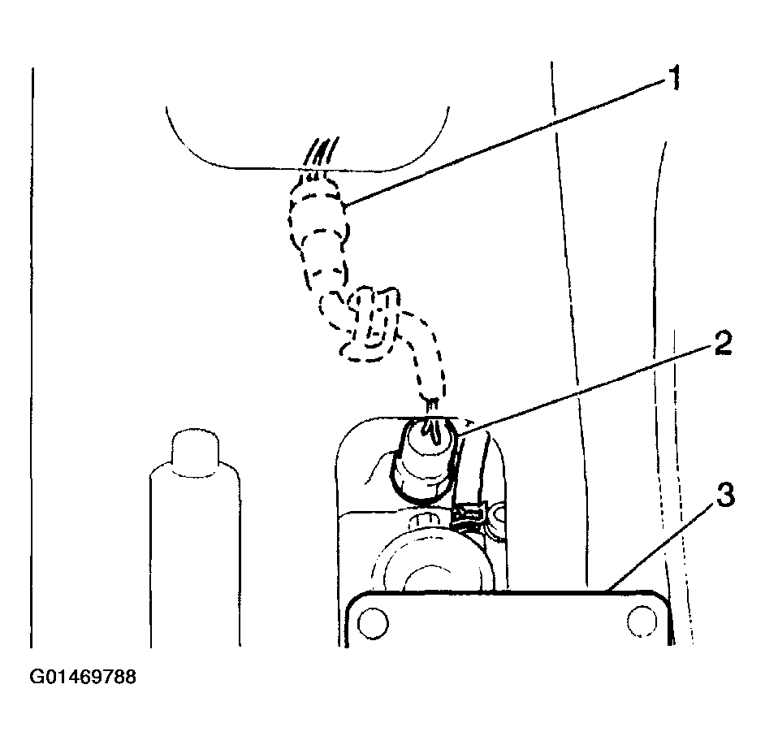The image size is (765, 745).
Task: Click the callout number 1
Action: tap(674, 79)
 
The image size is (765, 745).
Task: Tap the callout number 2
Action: tap(724, 342)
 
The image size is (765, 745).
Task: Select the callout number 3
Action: tap(725, 495)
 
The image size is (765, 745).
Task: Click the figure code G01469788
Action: tap(83, 677)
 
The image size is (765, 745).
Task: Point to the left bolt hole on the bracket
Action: tap(374, 622)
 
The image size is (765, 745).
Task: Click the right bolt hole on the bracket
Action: tap(642, 622)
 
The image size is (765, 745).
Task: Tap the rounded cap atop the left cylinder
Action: tap(195, 452)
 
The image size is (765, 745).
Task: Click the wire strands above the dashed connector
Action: tap(320, 152)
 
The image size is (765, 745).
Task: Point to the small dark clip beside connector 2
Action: tap(469, 517)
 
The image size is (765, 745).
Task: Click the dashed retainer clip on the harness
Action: tap(371, 325)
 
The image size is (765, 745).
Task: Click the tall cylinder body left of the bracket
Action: tap(195, 557)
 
